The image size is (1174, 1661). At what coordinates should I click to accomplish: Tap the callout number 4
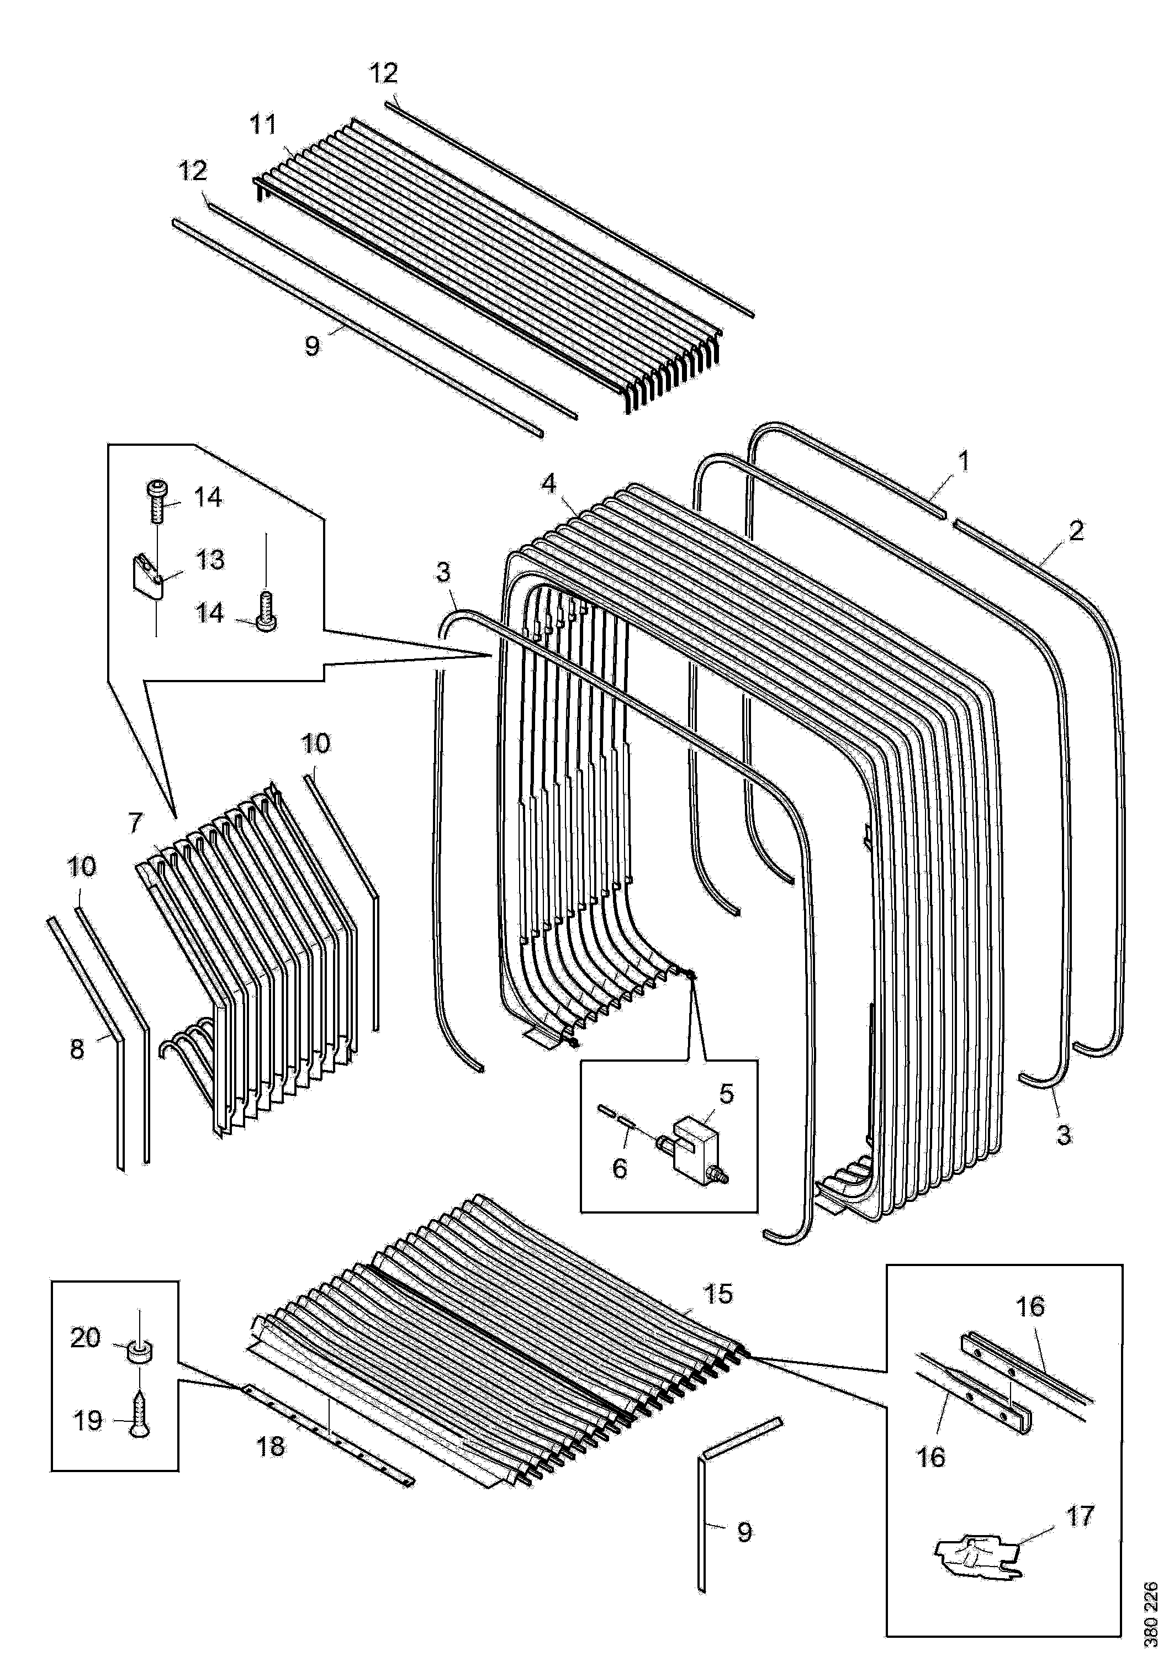[x=550, y=483]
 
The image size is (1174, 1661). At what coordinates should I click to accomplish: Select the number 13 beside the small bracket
[x=210, y=560]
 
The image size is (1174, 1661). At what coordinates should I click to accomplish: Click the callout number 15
[x=718, y=1294]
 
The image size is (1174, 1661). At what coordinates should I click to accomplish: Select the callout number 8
[x=77, y=1049]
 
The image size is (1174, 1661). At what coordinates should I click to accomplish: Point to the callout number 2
[x=1077, y=532]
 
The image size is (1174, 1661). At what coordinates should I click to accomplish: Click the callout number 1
[x=964, y=460]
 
